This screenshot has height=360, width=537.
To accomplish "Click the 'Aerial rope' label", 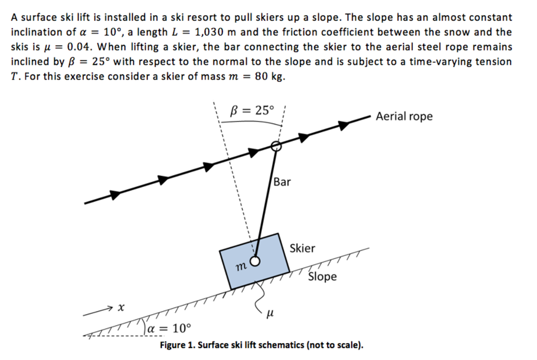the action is (x=404, y=116).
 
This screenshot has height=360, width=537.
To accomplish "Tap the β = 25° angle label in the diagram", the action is (x=252, y=110).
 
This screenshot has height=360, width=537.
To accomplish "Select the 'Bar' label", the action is (x=282, y=182).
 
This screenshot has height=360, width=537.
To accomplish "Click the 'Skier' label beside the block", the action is (x=302, y=248).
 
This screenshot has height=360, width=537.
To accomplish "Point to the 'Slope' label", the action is (x=323, y=276).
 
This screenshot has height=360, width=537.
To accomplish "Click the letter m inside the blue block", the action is (x=241, y=266).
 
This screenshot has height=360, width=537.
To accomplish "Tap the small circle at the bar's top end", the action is (x=276, y=146).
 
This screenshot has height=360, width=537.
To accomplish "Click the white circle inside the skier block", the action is (x=255, y=261).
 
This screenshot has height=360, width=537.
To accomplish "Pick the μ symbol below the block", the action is (x=270, y=313).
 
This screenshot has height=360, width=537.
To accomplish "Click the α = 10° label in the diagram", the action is (x=169, y=329).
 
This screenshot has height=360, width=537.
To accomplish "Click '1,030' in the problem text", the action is (x=209, y=32).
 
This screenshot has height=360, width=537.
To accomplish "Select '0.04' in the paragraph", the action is (x=79, y=47).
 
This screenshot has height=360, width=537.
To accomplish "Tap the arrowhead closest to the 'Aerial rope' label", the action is (x=344, y=125).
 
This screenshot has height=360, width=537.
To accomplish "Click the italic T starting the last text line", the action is (x=14, y=76).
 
